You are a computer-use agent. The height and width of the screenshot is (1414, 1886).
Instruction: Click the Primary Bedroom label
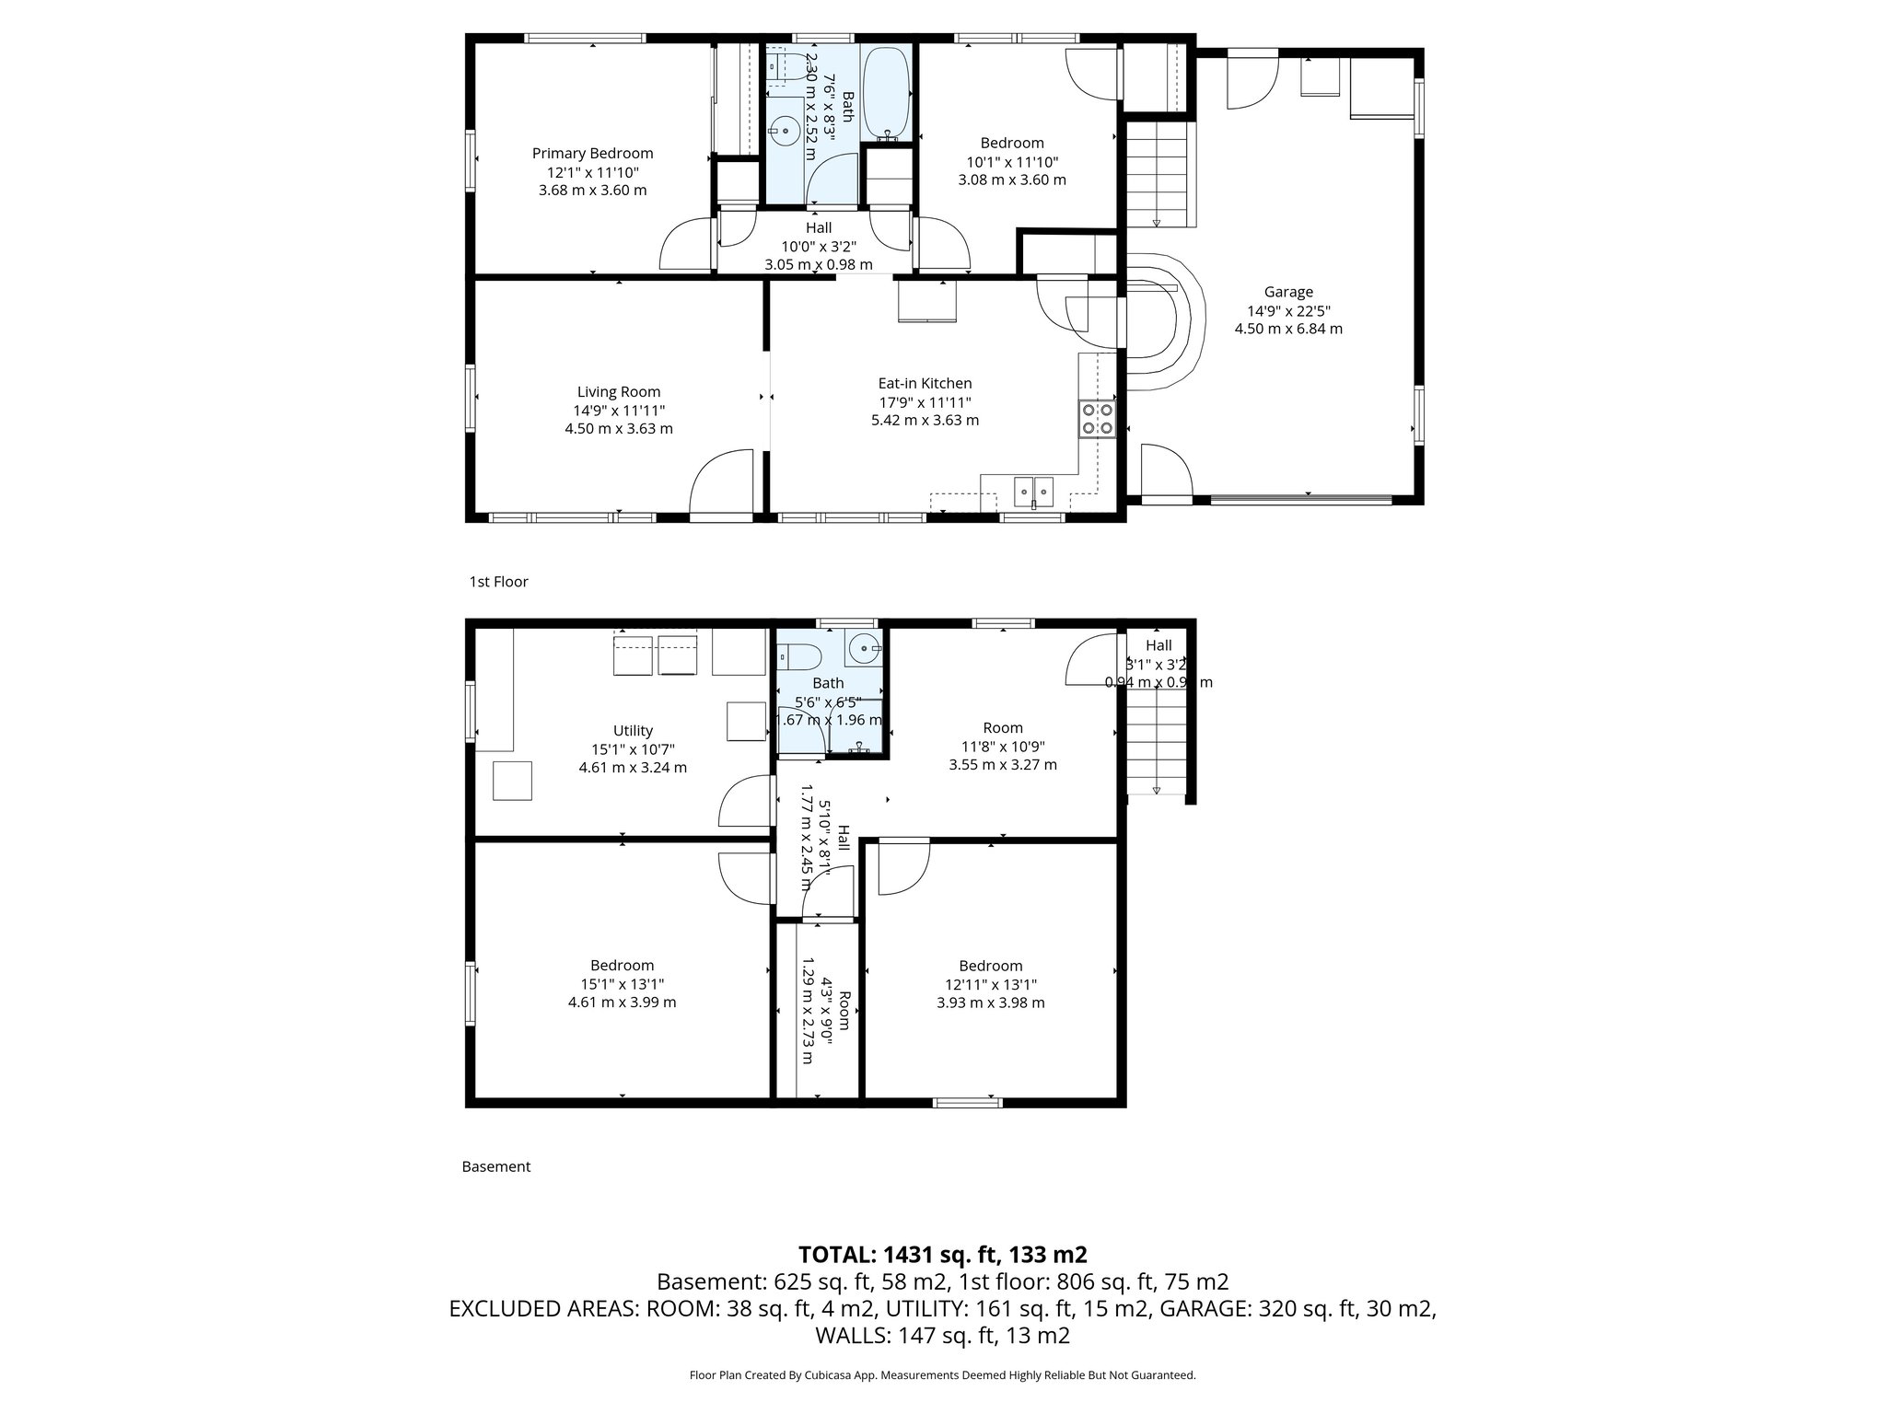(592, 154)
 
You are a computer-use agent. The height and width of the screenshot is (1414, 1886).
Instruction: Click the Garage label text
(1288, 292)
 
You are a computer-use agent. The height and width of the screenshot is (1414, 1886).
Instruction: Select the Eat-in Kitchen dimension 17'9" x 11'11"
(925, 402)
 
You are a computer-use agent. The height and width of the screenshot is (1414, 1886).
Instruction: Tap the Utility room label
(633, 731)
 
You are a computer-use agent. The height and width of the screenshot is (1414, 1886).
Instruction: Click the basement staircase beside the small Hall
(1156, 745)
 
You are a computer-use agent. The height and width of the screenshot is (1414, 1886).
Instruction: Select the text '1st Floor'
(498, 582)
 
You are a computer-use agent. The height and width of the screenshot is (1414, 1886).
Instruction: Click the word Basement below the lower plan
(495, 1166)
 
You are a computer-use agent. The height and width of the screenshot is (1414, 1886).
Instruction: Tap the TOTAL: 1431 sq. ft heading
(942, 1255)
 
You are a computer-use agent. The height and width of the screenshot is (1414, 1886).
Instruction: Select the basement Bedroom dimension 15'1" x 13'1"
(622, 984)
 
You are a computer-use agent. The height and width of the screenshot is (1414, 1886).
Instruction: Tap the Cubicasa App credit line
(942, 1375)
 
